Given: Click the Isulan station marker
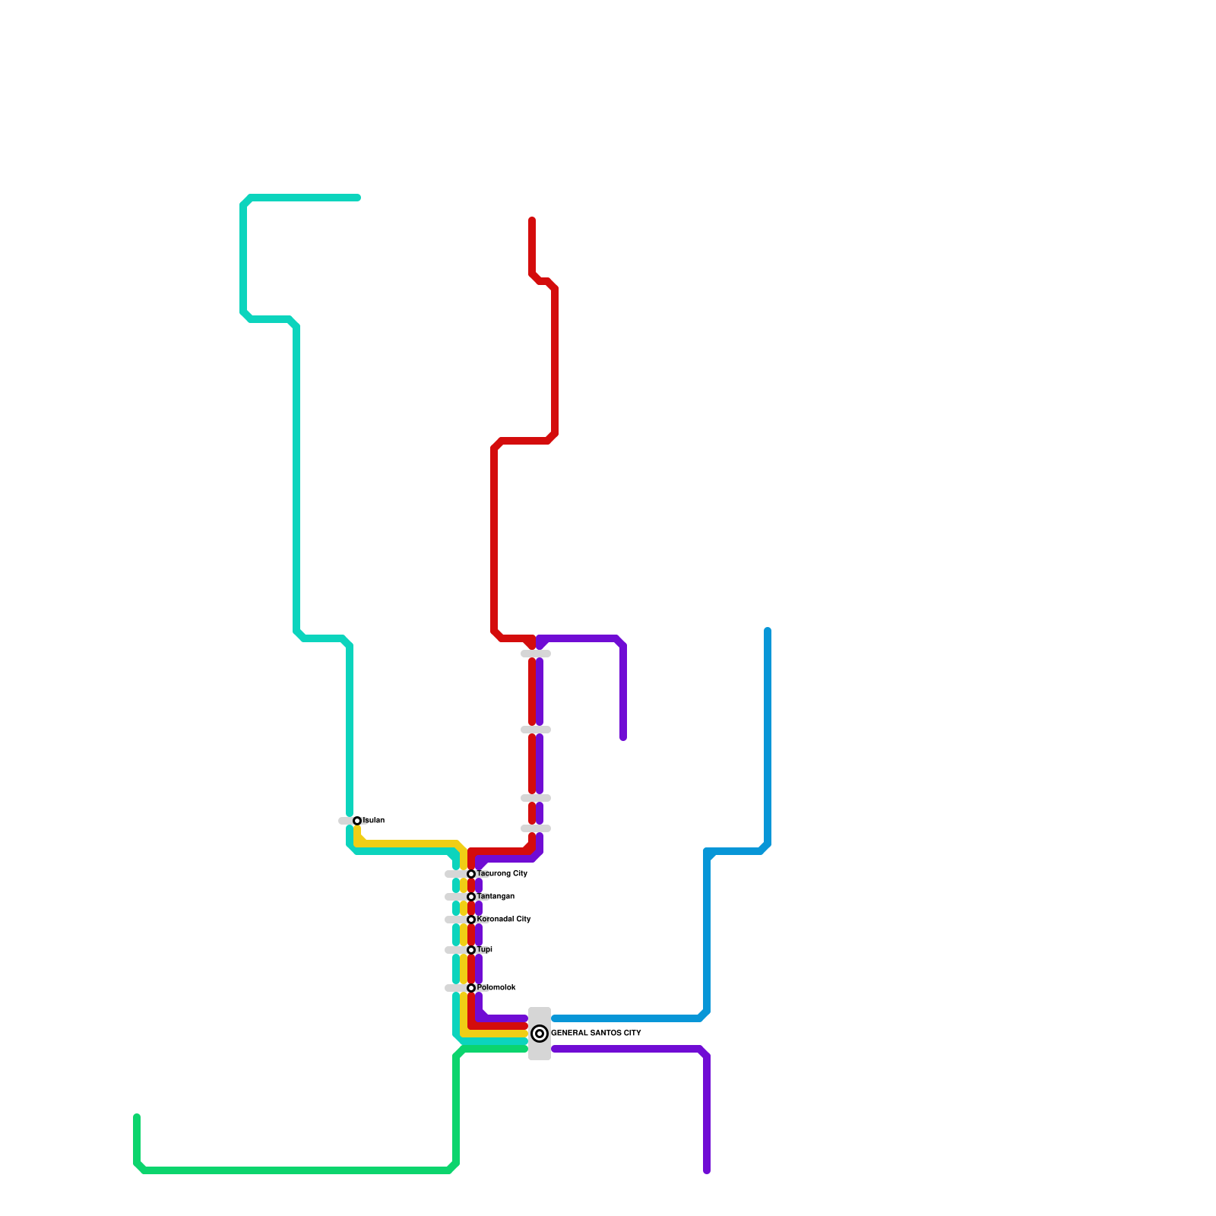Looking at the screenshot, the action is (x=357, y=821).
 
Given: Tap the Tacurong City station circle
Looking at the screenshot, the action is (x=471, y=874).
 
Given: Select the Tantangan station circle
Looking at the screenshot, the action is (x=471, y=897).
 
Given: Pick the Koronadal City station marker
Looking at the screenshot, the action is (x=471, y=920).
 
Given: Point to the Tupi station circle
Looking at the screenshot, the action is (x=471, y=950).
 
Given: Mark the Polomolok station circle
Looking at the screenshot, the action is (x=471, y=988).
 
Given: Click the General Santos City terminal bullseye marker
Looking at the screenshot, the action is (x=540, y=1034).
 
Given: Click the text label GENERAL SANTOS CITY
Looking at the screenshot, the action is (x=596, y=1034).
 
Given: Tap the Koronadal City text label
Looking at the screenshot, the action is (x=504, y=920).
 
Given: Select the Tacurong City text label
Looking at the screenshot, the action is (x=502, y=874).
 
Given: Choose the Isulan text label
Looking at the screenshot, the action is (x=374, y=821).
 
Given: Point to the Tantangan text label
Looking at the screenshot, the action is (x=496, y=897).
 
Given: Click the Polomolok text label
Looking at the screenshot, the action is (x=497, y=988).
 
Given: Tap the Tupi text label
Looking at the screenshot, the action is (x=485, y=950).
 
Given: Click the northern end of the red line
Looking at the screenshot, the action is (x=532, y=220).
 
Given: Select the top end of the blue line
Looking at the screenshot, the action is (x=768, y=631).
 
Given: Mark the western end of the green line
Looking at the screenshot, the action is (x=137, y=1117).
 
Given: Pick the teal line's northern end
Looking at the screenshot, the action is (x=357, y=198).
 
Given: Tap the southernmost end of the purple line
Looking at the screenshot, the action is (x=707, y=1170).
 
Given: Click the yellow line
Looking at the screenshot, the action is (x=410, y=844).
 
